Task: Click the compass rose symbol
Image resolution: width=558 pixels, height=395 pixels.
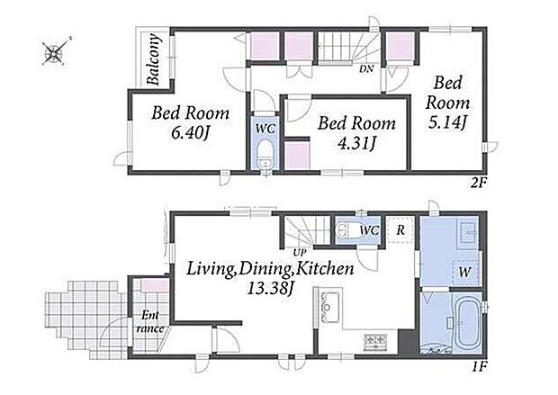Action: point(54,53)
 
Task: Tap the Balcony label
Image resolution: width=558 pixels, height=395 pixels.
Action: point(153,59)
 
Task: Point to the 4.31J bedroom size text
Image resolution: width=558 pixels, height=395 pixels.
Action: point(357,144)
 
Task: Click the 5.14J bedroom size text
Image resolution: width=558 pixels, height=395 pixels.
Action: point(447,123)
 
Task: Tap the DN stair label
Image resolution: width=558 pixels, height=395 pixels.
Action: point(366,69)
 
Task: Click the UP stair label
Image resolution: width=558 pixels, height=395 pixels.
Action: point(300,253)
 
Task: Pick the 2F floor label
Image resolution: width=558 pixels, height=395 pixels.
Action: point(478,183)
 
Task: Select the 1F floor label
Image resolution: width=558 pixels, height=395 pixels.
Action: point(479,366)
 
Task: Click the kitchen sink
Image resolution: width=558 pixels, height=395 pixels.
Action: point(330,307)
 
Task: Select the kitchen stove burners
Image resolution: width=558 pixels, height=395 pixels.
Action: point(375,341)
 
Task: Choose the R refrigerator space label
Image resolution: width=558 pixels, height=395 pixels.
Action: point(400,229)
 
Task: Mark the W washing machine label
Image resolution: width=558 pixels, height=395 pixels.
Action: point(464,273)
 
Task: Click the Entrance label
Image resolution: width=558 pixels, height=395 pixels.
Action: point(150,322)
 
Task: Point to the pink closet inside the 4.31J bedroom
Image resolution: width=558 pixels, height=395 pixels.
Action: point(297,156)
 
